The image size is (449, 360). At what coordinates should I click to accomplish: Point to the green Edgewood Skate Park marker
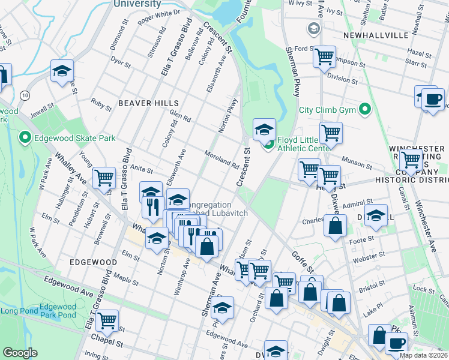25,138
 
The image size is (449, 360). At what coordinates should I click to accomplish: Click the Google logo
20,353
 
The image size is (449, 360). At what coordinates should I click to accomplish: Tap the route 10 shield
24,95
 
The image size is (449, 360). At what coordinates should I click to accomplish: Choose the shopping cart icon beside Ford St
324,57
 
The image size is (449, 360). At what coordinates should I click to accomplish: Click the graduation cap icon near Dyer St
62,71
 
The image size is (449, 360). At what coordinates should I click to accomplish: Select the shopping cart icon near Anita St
104,178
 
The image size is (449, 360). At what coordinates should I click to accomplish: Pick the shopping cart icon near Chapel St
107,320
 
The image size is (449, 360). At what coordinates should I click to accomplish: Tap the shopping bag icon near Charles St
335,226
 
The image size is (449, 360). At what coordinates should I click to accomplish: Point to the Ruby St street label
101,104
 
